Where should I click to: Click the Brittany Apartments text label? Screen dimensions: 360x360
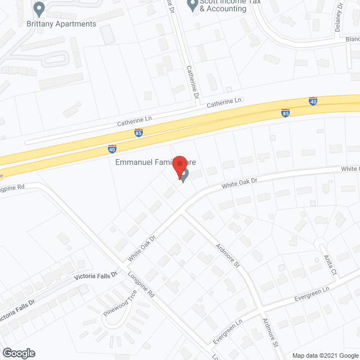point(61,24)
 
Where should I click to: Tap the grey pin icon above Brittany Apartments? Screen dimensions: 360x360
point(39,9)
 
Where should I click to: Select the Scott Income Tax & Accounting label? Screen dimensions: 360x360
point(223,6)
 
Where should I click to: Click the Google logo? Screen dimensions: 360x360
point(18,353)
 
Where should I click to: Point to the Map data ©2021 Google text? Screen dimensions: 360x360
point(325,355)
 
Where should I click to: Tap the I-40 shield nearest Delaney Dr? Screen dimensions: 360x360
point(313,101)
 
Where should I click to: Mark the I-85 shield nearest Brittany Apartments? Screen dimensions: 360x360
point(138,133)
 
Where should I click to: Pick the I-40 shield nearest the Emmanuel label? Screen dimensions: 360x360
point(112,149)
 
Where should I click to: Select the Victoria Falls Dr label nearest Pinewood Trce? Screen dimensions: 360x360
point(96,277)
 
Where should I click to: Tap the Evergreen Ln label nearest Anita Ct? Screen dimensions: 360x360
point(312,293)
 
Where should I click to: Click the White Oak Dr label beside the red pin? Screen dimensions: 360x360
point(238,183)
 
